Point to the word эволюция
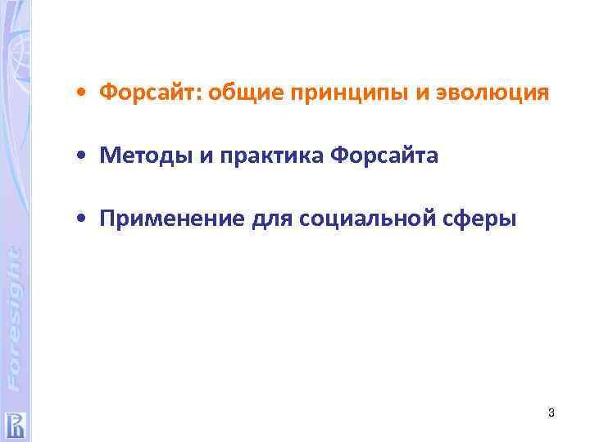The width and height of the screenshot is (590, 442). click(x=493, y=93)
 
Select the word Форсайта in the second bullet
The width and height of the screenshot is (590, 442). click(x=385, y=156)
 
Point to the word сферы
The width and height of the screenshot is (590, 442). click(x=489, y=219)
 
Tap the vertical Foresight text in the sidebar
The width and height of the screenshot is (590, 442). click(x=15, y=315)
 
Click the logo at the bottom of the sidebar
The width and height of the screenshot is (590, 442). click(x=15, y=424)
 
